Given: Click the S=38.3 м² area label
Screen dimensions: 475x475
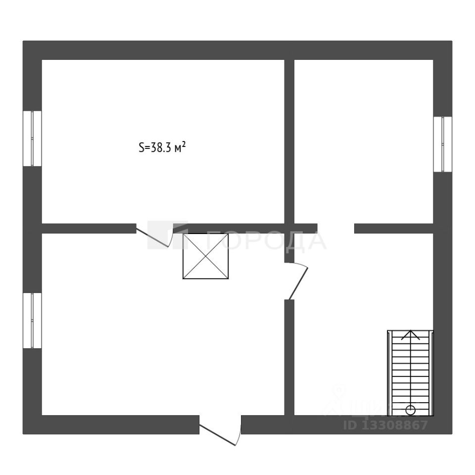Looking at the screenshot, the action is [x=162, y=147].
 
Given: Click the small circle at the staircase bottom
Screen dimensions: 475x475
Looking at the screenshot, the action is [x=410, y=410].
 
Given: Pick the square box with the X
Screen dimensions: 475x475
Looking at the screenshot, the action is [x=206, y=256].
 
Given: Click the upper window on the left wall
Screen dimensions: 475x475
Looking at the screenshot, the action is [x=33, y=139].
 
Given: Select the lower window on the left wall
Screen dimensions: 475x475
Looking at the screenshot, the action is [x=33, y=321].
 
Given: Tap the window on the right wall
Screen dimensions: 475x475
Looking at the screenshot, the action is [x=442, y=144].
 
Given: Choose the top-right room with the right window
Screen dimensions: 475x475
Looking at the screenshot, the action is [x=364, y=141].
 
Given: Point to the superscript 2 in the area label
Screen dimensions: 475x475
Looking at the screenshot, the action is [x=184, y=144].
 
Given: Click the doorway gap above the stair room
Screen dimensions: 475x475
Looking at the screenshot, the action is [x=336, y=229].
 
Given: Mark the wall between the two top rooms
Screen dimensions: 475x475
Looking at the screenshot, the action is [x=289, y=141].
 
